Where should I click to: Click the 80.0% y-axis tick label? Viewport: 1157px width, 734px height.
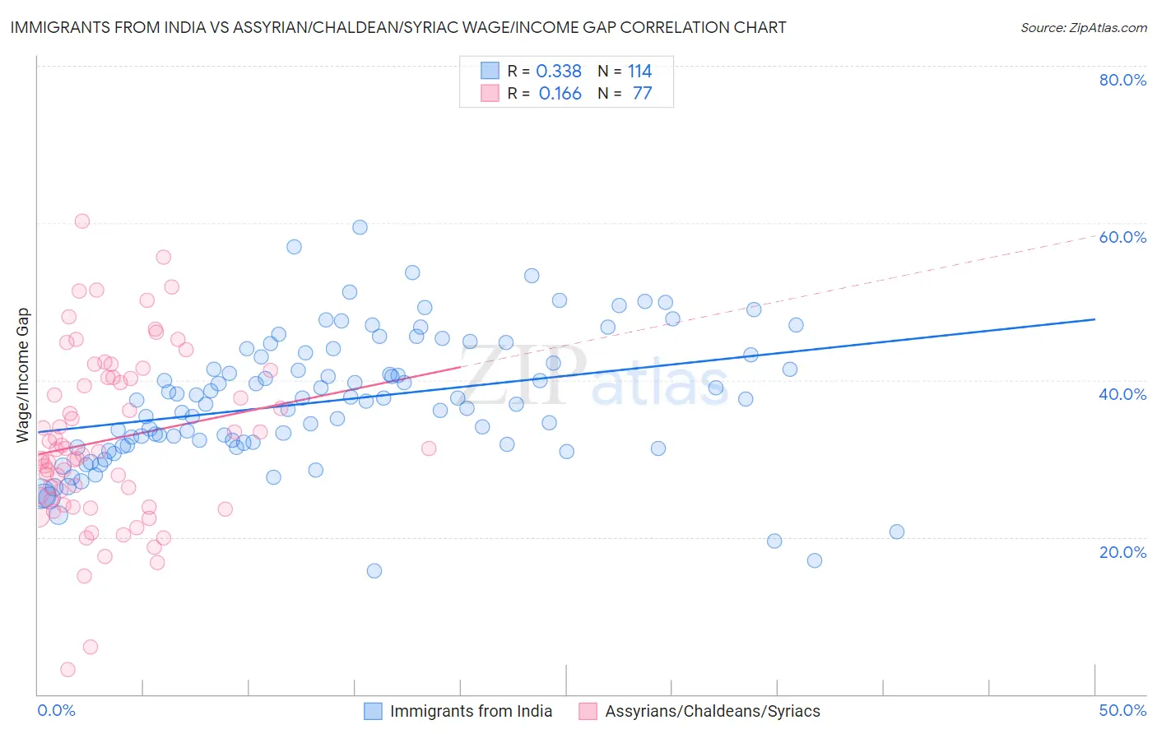point(1122,80)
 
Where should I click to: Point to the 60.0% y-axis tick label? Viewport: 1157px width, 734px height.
point(1122,237)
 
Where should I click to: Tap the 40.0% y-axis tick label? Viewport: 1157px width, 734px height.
point(1122,394)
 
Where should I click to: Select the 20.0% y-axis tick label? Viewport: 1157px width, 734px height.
point(1122,551)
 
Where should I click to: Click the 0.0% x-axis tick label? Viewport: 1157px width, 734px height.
point(56,710)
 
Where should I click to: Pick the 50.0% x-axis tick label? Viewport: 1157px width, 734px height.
point(1122,710)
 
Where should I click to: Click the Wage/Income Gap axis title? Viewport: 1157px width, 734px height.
point(23,375)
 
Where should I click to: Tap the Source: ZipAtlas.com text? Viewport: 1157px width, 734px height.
point(1083,27)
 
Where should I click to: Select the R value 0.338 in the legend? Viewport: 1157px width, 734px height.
point(559,71)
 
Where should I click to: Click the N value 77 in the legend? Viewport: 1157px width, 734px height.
point(642,93)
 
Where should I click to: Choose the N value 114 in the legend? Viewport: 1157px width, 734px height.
point(639,71)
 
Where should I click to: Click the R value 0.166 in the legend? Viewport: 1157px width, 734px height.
point(560,93)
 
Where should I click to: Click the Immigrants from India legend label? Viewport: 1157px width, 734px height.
point(471,711)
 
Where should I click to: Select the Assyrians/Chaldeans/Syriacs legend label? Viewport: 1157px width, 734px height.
point(713,711)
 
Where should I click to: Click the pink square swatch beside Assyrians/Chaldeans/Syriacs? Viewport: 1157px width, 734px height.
point(588,711)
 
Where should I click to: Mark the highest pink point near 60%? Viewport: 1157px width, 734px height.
point(82,221)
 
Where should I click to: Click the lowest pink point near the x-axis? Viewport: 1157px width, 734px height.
point(68,670)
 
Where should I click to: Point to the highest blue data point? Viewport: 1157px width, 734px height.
point(360,227)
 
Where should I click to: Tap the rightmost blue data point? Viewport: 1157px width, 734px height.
point(897,532)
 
